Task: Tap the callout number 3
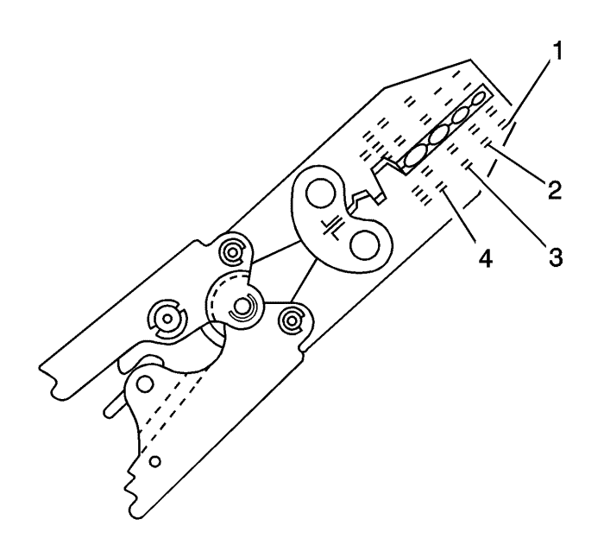coord(555,257)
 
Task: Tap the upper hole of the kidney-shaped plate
coord(319,193)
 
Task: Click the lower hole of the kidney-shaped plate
coord(364,245)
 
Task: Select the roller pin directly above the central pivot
coord(232,253)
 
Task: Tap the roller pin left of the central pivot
coord(167,319)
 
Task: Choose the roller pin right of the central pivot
coord(293,320)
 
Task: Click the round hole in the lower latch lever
coord(145,384)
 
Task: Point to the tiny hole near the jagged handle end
coord(155,461)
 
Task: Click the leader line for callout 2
coord(516,162)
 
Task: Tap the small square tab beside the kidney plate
coord(381,199)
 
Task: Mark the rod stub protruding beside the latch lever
coord(114,409)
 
